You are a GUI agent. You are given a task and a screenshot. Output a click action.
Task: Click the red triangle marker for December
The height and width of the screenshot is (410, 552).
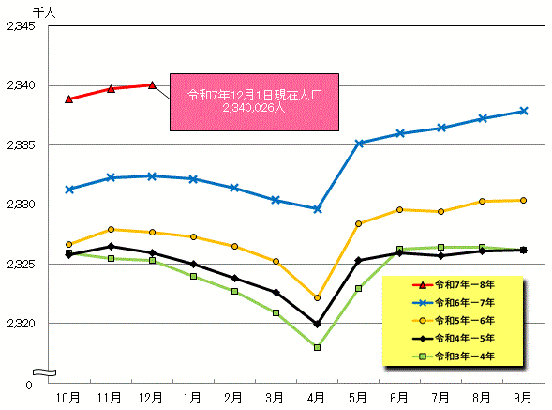(152, 84)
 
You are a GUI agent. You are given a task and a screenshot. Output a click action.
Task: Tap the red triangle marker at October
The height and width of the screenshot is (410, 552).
(69, 99)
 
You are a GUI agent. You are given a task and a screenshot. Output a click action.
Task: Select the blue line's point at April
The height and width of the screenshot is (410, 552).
(318, 209)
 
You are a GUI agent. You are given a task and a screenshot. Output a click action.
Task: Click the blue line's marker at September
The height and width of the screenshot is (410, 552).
(523, 111)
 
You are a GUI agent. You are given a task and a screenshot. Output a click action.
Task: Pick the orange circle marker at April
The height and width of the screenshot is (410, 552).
(318, 297)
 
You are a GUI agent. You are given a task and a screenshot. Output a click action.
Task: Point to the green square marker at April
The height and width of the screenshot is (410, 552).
(318, 347)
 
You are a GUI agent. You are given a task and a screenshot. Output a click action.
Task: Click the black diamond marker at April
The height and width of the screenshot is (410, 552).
(318, 324)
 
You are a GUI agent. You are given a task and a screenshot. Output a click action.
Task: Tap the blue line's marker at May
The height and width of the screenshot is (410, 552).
(359, 144)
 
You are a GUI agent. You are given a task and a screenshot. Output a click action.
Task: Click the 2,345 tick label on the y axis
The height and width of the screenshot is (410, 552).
(21, 26)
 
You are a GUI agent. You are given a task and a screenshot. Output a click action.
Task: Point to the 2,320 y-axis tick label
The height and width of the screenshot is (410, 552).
(21, 324)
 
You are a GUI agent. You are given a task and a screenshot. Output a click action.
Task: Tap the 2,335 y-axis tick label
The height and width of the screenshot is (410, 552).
(21, 145)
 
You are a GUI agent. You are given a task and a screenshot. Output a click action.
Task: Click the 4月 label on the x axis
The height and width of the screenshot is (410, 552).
(318, 398)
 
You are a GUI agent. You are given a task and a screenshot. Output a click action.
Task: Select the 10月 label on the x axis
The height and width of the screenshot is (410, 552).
(69, 398)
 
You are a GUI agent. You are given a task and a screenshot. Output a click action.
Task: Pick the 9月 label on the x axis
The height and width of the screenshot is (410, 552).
(523, 398)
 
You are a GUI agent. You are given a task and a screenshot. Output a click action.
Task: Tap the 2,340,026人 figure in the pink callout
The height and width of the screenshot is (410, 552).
(255, 109)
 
